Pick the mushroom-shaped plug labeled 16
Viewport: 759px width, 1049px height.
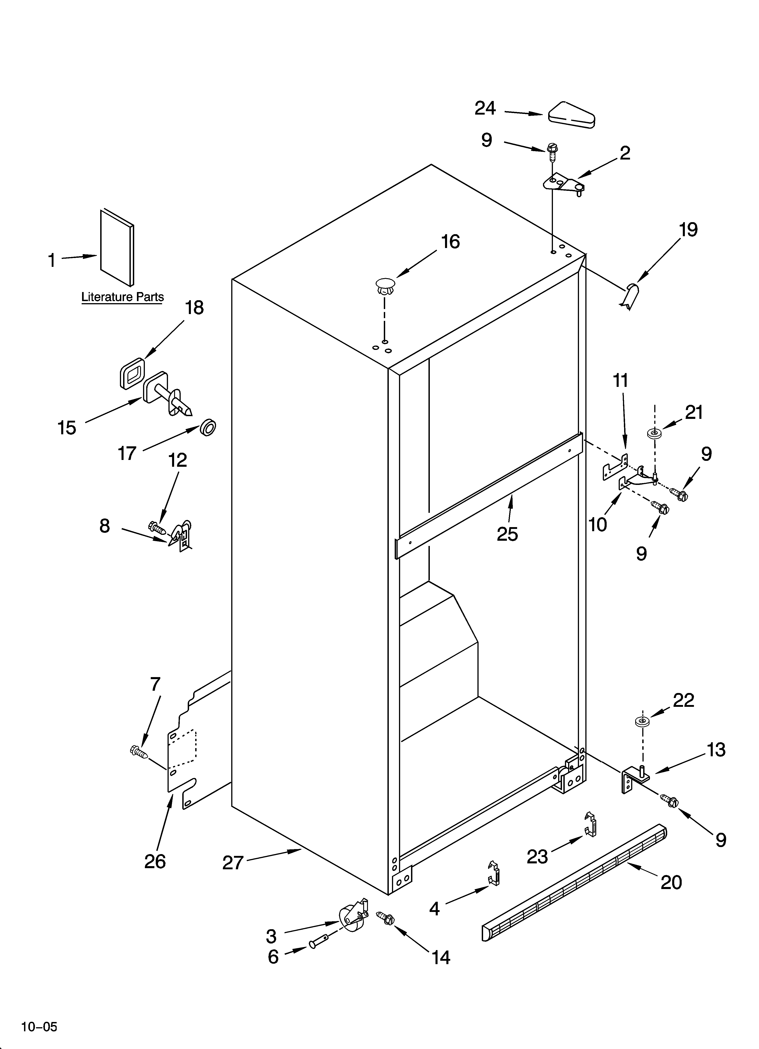(x=385, y=285)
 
